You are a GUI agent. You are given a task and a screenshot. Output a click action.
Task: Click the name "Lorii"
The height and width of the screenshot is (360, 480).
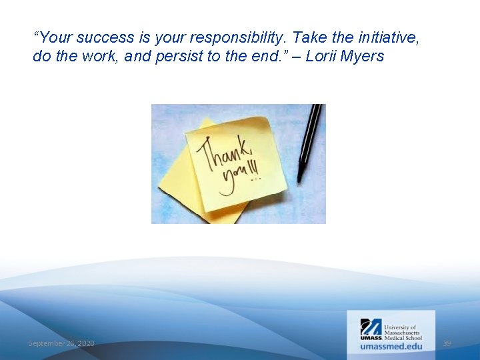tap(322, 56)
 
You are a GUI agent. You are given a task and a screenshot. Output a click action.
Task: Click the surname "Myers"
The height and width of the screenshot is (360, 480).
tap(363, 56)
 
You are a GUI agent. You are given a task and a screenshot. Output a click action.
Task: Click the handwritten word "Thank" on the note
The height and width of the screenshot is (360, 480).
tap(221, 151)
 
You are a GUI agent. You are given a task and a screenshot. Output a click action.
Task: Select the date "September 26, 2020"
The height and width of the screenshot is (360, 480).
tap(61, 343)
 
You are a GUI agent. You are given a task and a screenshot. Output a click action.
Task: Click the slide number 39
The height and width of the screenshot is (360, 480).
tap(447, 343)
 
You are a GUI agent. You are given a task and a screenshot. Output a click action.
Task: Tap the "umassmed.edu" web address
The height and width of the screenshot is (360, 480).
tap(391, 346)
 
